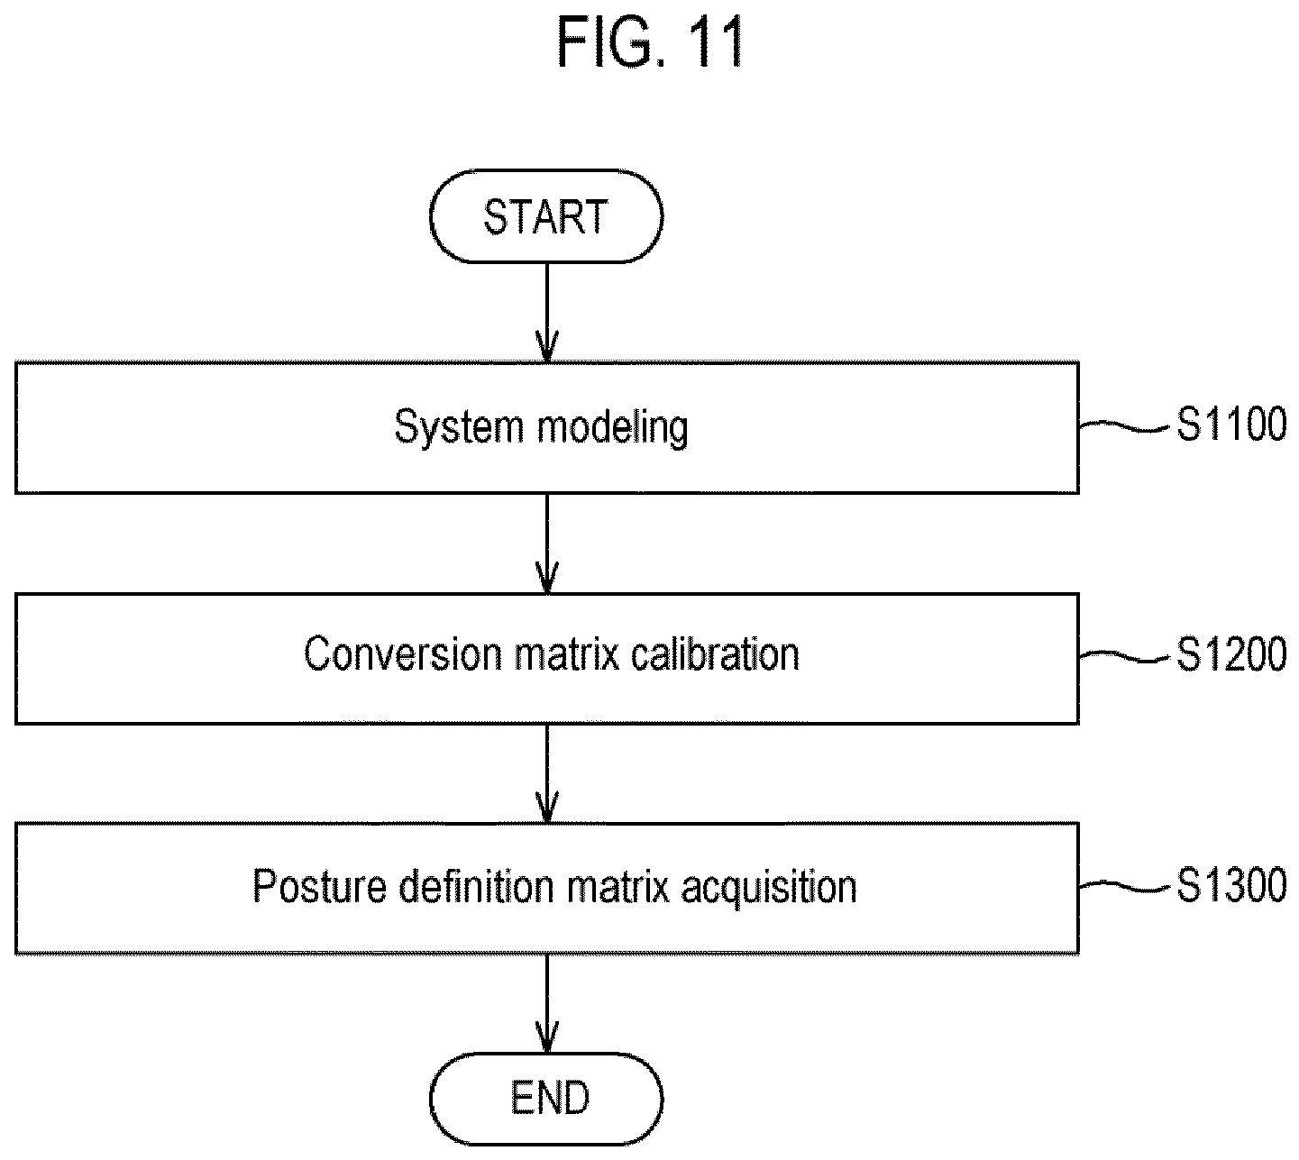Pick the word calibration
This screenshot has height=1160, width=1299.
click(715, 654)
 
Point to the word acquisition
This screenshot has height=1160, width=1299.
click(769, 888)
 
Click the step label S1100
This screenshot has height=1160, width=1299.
click(1231, 424)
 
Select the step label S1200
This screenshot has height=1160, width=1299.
click(1231, 654)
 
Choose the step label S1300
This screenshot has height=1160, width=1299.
click(1231, 885)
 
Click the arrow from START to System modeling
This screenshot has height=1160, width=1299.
click(546, 312)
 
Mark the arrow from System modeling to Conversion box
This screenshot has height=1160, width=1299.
click(546, 543)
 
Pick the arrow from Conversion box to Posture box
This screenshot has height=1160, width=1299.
click(546, 774)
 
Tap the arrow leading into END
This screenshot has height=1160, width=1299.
click(546, 1004)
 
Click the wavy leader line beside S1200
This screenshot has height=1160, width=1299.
click(1127, 656)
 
